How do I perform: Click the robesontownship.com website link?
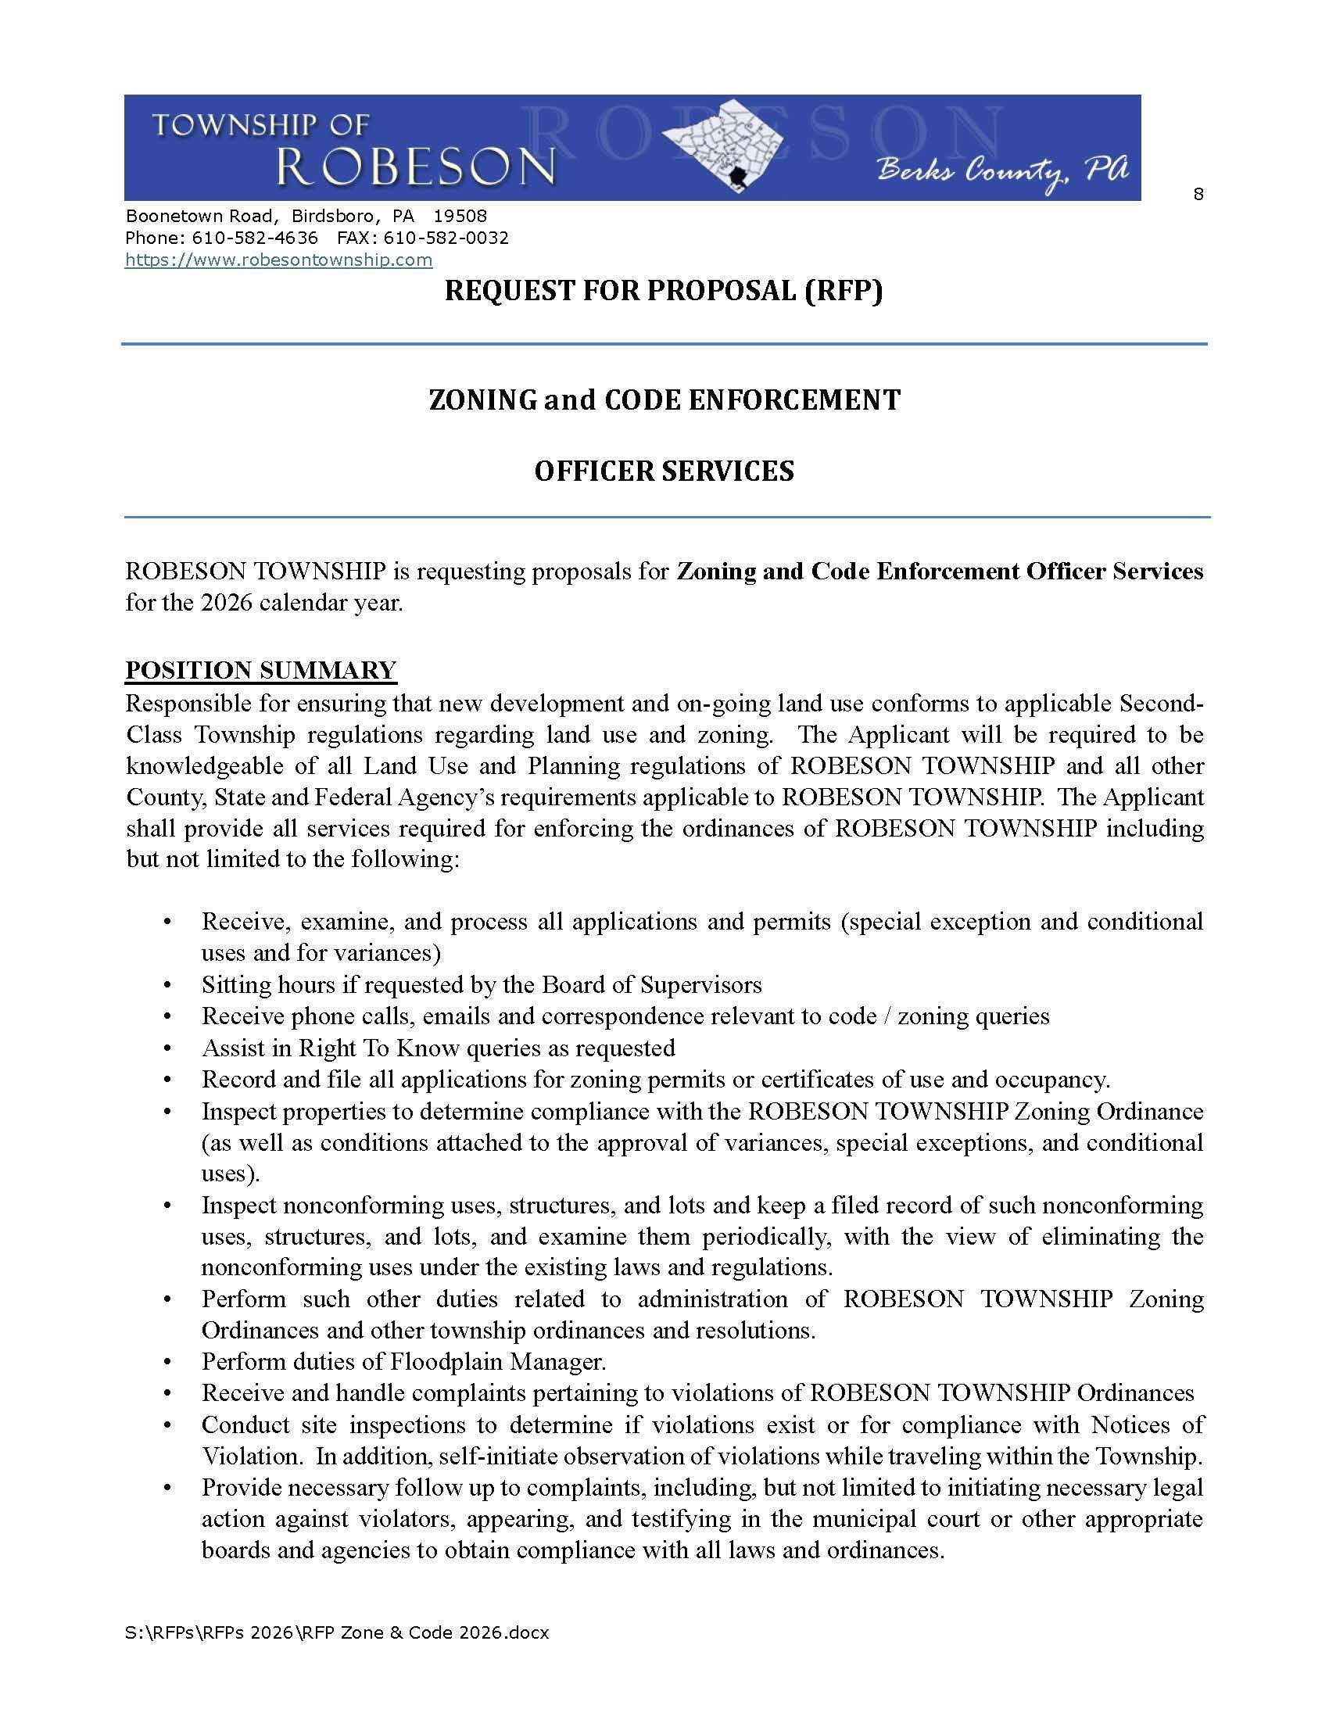coord(279,260)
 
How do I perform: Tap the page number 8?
coord(1198,194)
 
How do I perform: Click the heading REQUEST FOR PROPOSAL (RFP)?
coord(664,291)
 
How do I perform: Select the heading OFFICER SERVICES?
coord(664,471)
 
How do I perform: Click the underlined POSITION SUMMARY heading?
coord(260,670)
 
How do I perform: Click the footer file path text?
coord(337,1633)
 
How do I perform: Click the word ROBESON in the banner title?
coord(416,167)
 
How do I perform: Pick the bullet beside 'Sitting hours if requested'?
coord(168,986)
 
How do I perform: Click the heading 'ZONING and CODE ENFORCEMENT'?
coord(664,400)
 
